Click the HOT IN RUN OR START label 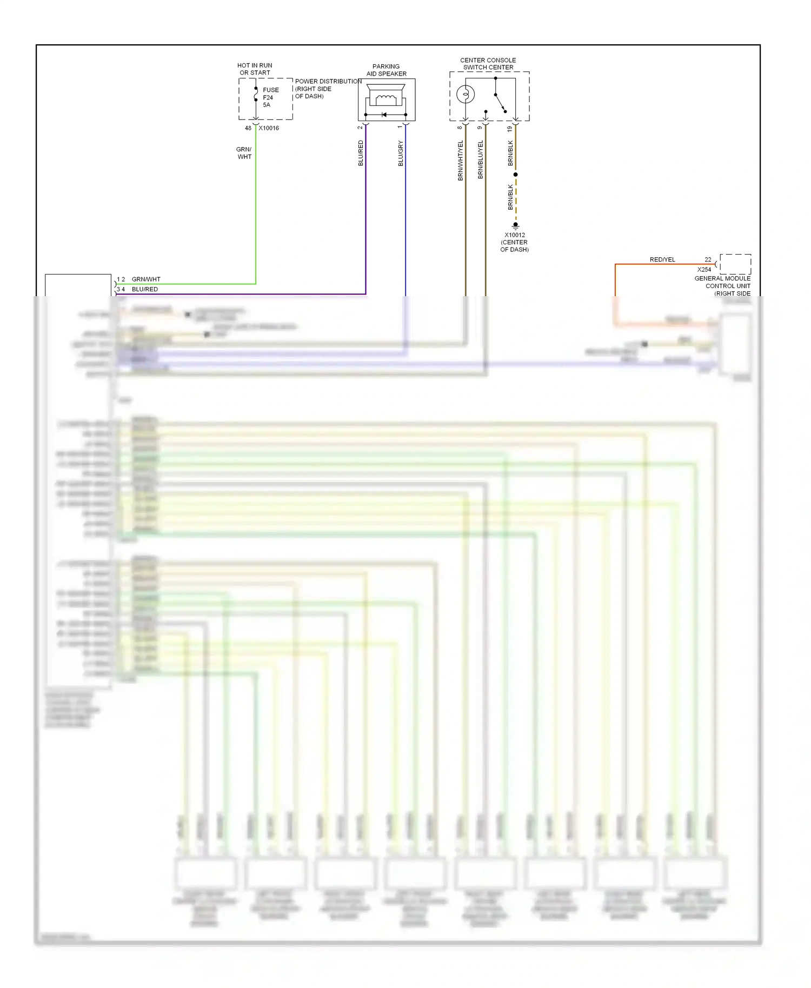pos(255,69)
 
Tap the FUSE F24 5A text pos(270,97)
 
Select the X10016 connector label pos(269,128)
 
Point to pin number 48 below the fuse pos(248,128)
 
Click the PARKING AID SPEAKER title pos(386,70)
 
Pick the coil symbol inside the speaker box pos(386,99)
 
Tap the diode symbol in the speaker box pos(384,115)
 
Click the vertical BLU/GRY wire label pos(401,153)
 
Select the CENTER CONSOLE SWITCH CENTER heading pos(488,64)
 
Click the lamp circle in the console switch pos(466,95)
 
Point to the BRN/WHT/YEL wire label pos(461,161)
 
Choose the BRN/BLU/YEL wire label pos(480,159)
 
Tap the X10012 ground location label pos(515,242)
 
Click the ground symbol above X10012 pos(516,226)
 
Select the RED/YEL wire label pos(662,259)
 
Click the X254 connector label pos(704,269)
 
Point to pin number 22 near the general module pos(708,259)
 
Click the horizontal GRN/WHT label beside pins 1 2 pos(146,279)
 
